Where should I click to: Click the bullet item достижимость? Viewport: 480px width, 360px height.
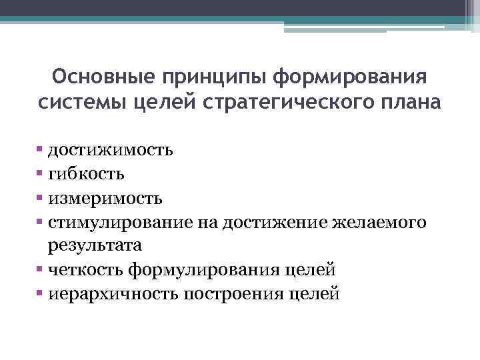(110, 149)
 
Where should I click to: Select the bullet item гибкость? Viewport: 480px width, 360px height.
(85, 173)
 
